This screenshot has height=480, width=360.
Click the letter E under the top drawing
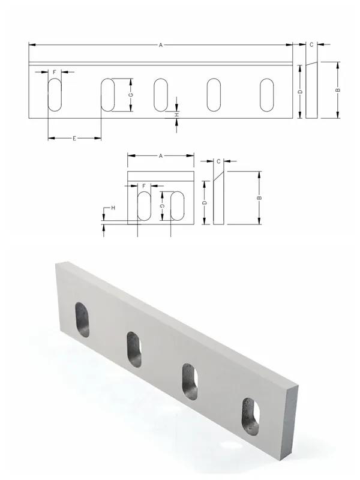[x=74, y=139]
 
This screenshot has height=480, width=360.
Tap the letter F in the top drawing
[x=55, y=72]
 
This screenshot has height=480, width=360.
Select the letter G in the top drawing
[x=131, y=95]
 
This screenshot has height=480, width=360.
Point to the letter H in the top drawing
[x=176, y=115]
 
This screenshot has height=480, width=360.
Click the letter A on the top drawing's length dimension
[x=161, y=45]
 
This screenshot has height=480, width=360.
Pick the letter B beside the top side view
[x=338, y=90]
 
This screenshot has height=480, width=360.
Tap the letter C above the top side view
[x=311, y=45]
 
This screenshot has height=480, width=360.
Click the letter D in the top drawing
[x=301, y=92]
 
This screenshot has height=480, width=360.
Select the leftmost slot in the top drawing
[x=55, y=95]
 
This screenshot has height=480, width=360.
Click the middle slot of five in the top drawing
[x=161, y=95]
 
